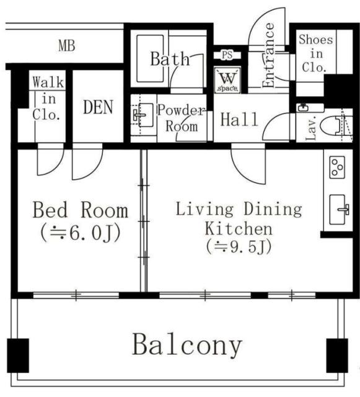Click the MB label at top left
click(66, 46)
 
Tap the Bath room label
click(170, 59)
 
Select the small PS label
click(227, 55)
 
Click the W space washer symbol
click(227, 81)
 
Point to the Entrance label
click(270, 55)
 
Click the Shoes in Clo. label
click(315, 54)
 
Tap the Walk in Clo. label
click(46, 98)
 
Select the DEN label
click(99, 107)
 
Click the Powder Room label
click(180, 118)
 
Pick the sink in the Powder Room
click(142, 115)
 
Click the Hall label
click(239, 119)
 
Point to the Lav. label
click(311, 128)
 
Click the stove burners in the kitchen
click(338, 166)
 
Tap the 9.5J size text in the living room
click(239, 246)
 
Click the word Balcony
click(187, 345)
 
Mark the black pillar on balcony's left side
click(18, 354)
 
